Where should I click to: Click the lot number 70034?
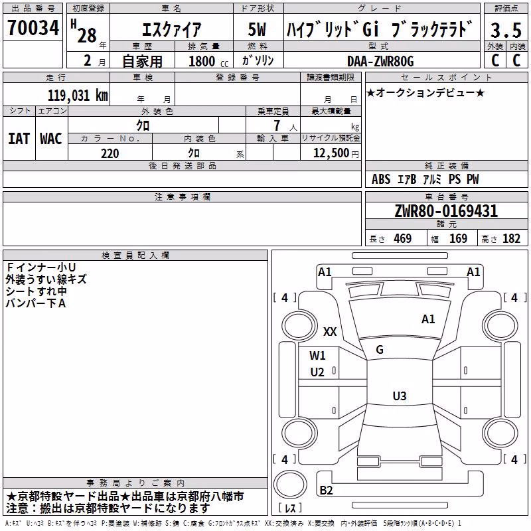pos(33,28)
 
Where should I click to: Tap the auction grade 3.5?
pos(506,30)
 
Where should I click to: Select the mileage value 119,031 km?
pos(78,96)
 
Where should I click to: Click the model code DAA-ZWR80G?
pos(380,61)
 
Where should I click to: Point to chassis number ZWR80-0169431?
pos(446,210)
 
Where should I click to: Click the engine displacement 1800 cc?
pos(208,61)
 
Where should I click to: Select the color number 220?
pos(110,153)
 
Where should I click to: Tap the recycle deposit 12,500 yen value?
pos(336,153)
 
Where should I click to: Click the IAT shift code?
pos(19,139)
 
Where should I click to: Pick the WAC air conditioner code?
pos(51,139)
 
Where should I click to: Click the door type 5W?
pos(257,29)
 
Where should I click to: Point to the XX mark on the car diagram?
pos(330,331)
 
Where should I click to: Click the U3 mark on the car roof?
pos(400,396)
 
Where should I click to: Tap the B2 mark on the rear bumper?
pos(326,490)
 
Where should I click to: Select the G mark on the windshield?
pos(380,350)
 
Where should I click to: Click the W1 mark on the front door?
pos(317,355)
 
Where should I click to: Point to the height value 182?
pos(511,238)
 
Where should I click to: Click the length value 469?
pos(403,238)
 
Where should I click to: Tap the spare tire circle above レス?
pos(290,485)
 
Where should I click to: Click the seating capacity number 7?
pos(277,125)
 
